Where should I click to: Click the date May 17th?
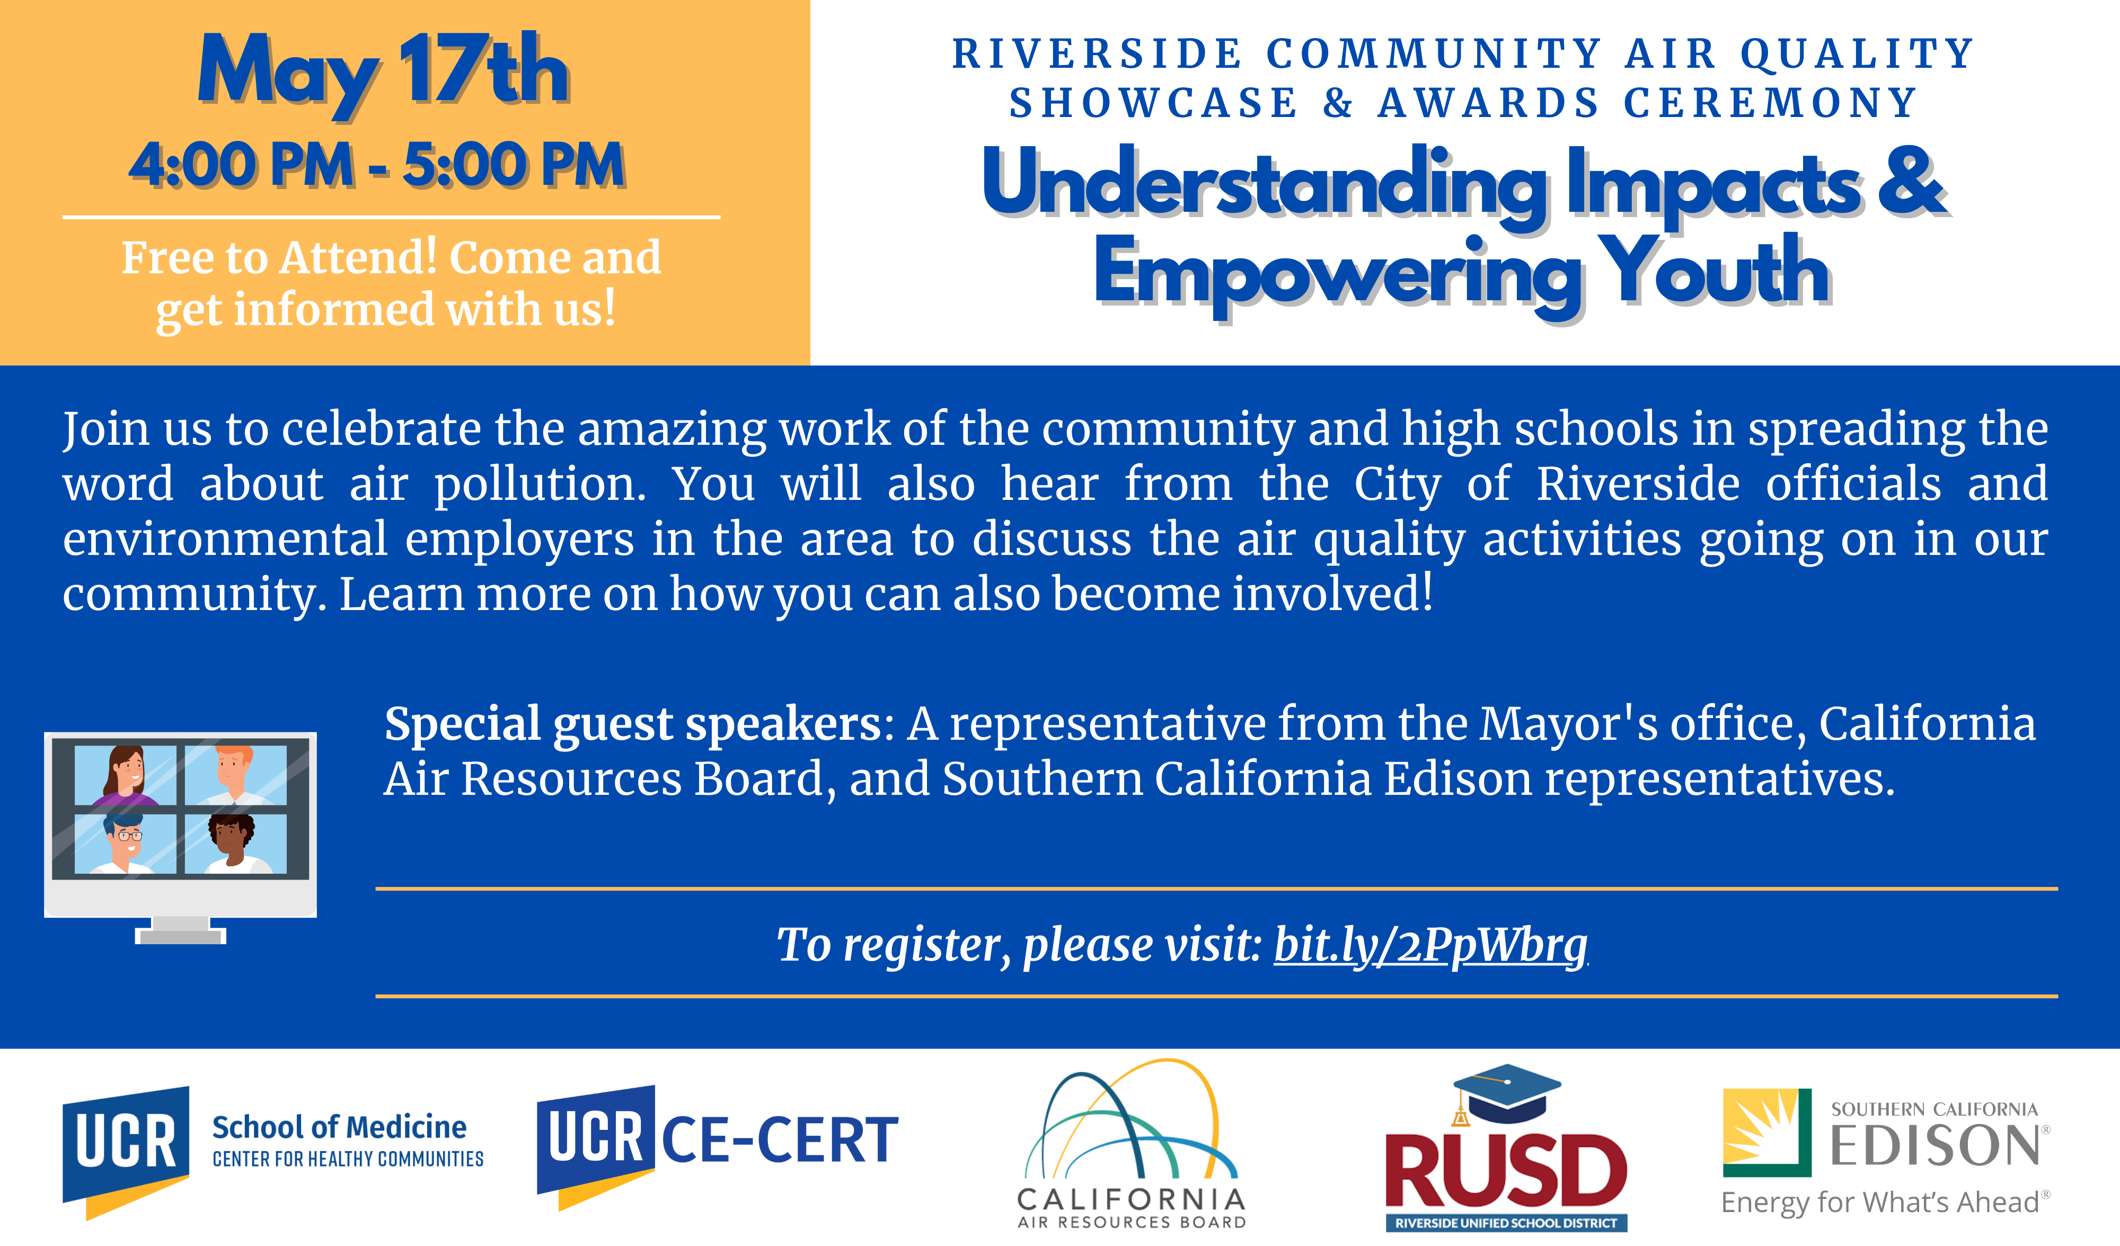point(384,74)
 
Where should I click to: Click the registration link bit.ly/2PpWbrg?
point(1430,945)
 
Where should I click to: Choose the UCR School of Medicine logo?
point(272,1152)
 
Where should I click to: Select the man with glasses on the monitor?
point(126,843)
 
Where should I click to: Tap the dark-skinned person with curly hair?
point(235,843)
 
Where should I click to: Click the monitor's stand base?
point(180,935)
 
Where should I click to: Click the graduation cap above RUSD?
point(1506,1093)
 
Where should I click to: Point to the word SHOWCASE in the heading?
point(1154,103)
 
